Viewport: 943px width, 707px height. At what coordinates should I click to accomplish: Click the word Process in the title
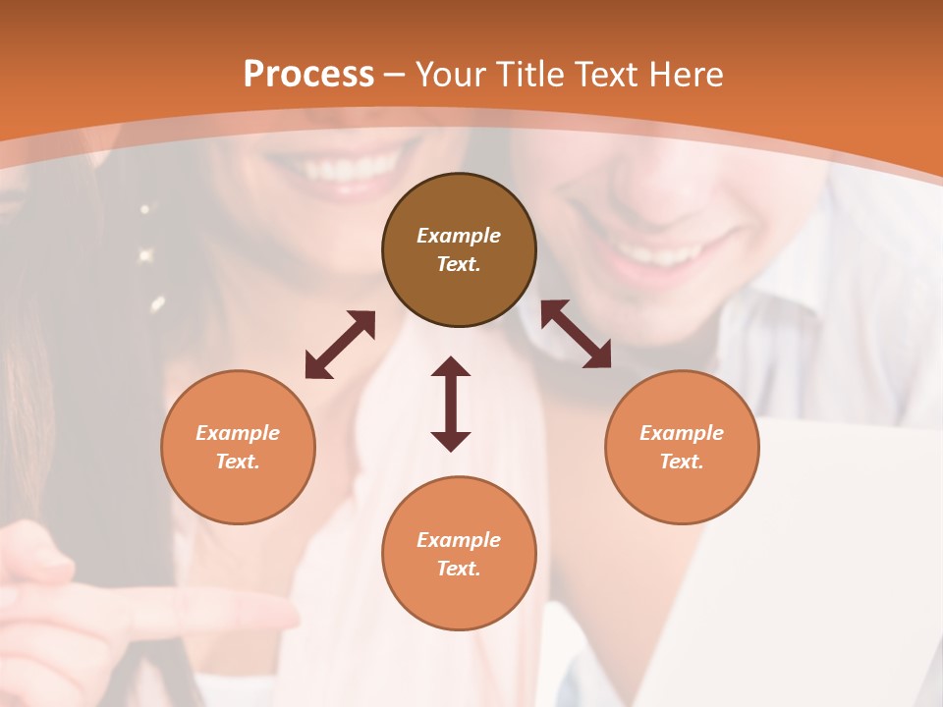click(308, 75)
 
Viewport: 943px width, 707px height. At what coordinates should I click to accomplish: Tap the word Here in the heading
click(688, 75)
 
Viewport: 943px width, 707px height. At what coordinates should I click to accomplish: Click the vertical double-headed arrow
click(451, 404)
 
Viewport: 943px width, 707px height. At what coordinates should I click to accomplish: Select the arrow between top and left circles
click(340, 344)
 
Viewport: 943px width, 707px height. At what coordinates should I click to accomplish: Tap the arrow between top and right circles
click(576, 335)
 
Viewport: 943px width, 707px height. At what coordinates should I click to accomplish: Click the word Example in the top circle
click(459, 236)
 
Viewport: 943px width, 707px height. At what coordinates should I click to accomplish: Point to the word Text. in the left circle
click(238, 462)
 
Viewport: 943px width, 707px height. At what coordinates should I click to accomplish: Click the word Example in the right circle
click(682, 433)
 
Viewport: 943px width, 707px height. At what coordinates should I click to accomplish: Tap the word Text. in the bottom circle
click(459, 569)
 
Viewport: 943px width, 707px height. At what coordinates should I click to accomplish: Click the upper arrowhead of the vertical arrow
click(451, 367)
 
